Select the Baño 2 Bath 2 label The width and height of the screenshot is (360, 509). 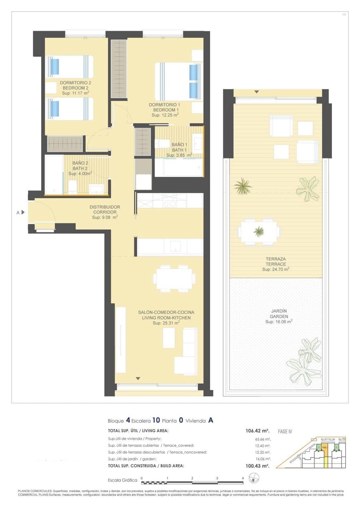(x=80, y=165)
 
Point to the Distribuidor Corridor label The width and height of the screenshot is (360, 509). (x=105, y=210)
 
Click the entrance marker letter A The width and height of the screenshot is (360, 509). (x=18, y=213)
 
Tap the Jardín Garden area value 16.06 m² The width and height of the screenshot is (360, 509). (x=278, y=322)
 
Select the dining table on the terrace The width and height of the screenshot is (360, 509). (x=259, y=232)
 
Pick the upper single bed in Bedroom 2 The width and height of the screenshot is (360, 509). (x=69, y=67)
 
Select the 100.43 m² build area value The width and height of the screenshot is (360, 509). (x=258, y=466)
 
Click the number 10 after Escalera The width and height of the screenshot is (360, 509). (x=156, y=421)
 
